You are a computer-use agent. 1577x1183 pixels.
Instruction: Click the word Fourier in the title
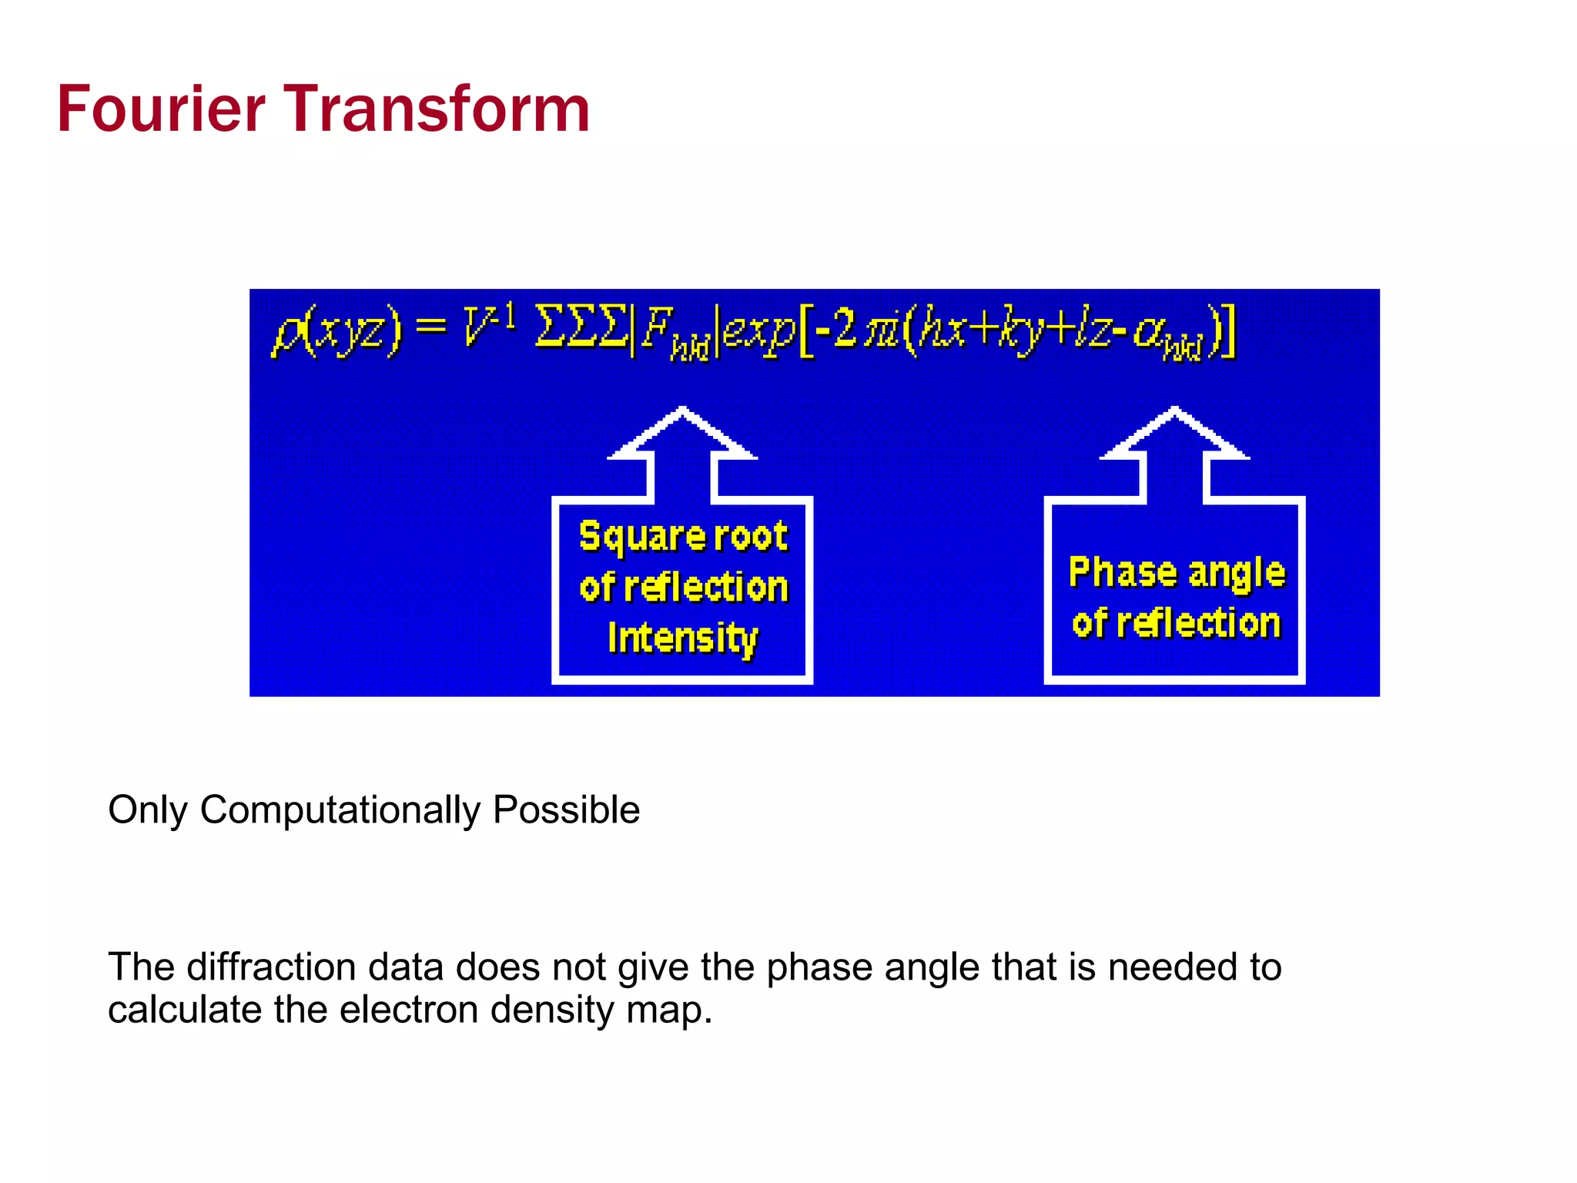click(x=161, y=109)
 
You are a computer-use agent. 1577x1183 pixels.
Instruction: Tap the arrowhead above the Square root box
click(x=682, y=431)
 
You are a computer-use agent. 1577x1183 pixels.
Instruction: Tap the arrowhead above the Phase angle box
click(x=1174, y=431)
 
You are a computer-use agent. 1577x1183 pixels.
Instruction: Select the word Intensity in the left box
click(x=682, y=638)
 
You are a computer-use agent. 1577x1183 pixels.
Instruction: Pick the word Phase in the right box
click(x=1123, y=572)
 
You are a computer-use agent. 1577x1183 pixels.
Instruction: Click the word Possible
click(x=566, y=810)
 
